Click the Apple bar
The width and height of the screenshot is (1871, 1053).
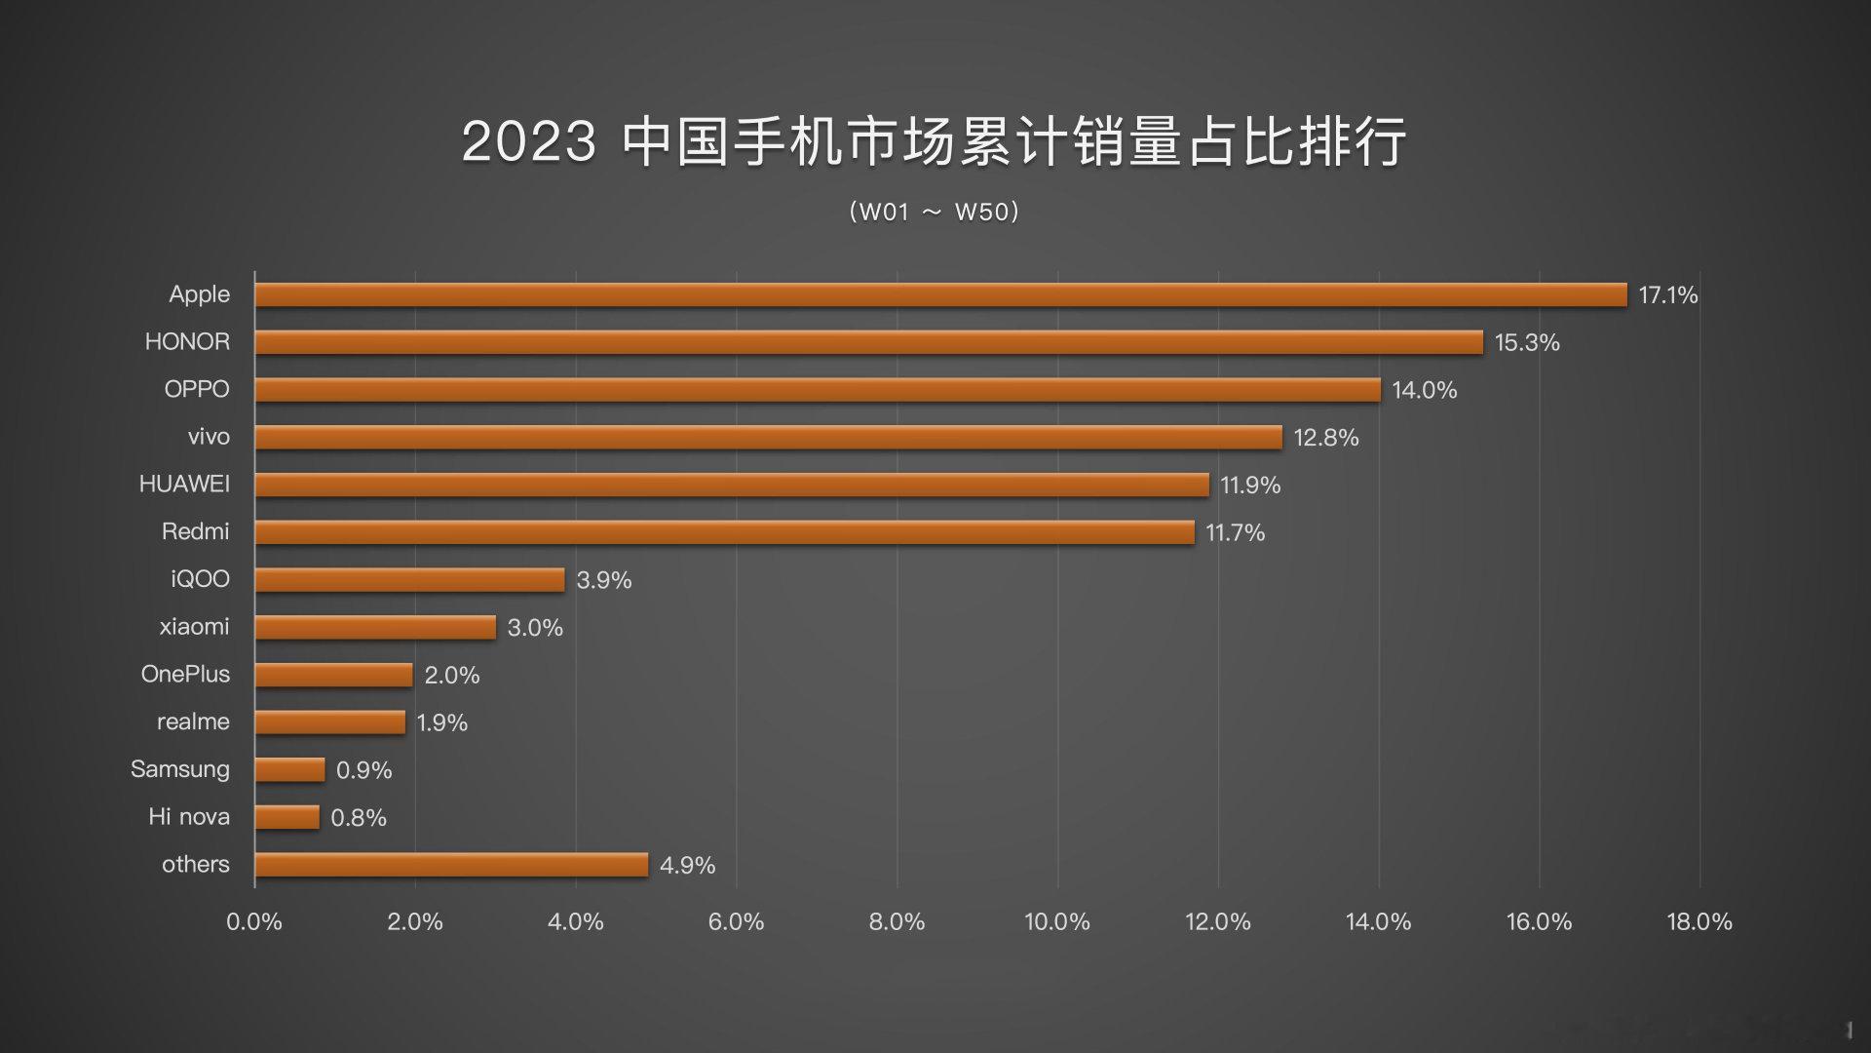point(940,294)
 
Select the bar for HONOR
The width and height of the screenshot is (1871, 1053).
point(868,342)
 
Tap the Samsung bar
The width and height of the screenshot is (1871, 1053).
point(289,769)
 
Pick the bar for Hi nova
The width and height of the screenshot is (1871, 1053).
point(286,817)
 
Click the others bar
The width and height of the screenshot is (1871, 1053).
point(451,865)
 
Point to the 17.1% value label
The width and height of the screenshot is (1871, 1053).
point(1667,294)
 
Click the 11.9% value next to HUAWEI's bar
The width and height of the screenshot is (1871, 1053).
point(1250,485)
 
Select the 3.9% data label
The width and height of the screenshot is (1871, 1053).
point(604,580)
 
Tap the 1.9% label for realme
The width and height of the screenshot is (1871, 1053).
point(442,722)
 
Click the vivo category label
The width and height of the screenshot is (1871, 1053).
point(209,437)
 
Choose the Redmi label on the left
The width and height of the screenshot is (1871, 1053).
point(195,531)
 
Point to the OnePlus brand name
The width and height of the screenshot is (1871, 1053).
point(185,674)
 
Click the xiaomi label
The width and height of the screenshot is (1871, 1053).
point(194,627)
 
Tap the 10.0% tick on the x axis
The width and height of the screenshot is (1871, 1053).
point(1057,921)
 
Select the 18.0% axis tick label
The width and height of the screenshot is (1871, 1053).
point(1699,921)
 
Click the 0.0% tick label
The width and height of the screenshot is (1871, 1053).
point(254,921)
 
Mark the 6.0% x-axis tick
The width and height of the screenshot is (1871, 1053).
point(736,921)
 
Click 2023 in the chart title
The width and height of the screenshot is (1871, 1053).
point(528,141)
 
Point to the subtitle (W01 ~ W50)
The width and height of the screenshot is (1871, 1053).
point(934,212)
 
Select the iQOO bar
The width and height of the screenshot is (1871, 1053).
point(409,580)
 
